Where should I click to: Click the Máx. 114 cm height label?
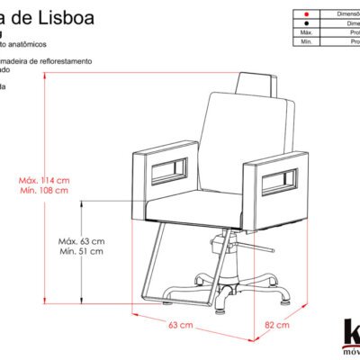(44, 180)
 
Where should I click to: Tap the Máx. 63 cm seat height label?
(82, 241)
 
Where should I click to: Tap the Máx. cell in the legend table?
(306, 33)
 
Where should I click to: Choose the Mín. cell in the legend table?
(306, 42)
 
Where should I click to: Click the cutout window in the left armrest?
(168, 170)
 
